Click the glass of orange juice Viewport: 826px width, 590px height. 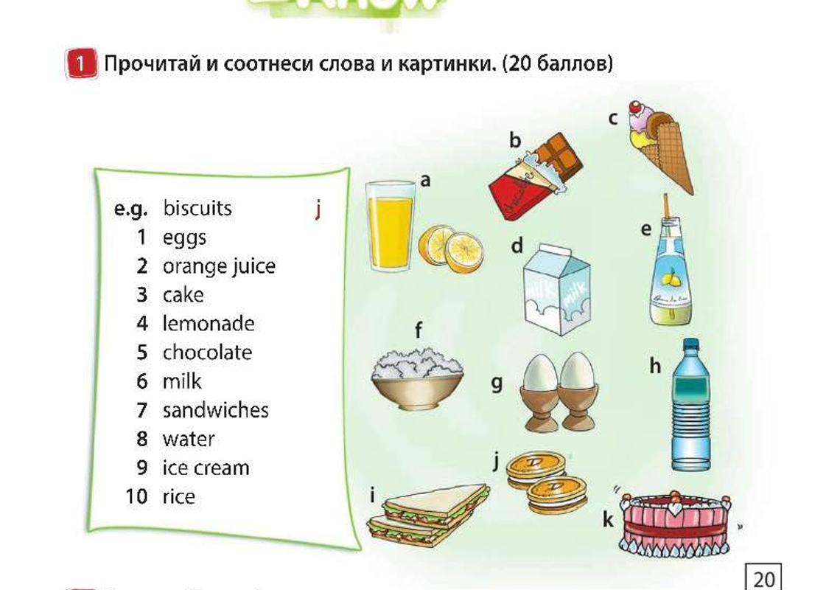[391, 227]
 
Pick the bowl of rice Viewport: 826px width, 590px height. [418, 379]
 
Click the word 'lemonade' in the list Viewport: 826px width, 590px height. [209, 324]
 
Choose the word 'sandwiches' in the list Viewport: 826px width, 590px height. [215, 410]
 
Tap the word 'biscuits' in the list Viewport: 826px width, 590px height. [197, 208]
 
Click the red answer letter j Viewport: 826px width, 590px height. [318, 209]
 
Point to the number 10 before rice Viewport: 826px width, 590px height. [136, 496]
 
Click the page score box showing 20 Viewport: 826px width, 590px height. [763, 577]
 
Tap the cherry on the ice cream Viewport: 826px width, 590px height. [634, 108]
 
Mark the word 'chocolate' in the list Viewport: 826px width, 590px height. [207, 353]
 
